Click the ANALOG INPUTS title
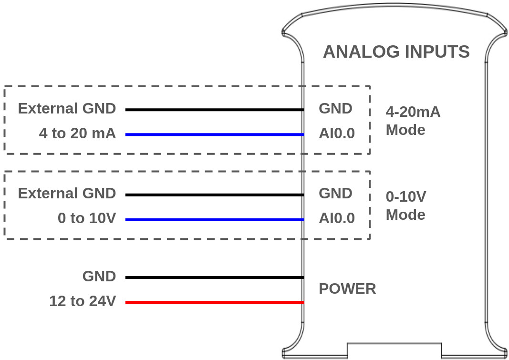click(x=396, y=51)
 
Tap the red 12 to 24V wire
click(x=215, y=302)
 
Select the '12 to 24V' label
click(x=83, y=301)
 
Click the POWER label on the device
click(x=347, y=288)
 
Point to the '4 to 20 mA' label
click(x=77, y=134)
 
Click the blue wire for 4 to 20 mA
click(x=215, y=134)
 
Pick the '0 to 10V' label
click(x=87, y=218)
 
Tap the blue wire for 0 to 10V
click(x=215, y=219)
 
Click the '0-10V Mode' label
click(x=406, y=206)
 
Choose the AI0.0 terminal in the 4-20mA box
click(x=337, y=134)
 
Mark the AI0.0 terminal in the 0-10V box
click(x=337, y=218)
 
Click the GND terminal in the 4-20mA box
click(x=335, y=109)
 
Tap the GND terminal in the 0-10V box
click(x=335, y=194)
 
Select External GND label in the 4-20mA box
click(x=67, y=109)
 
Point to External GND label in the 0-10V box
click(x=67, y=194)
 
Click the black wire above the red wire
click(x=215, y=277)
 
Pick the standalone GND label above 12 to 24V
click(x=99, y=277)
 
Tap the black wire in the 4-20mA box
click(x=215, y=110)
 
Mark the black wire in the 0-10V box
click(x=215, y=195)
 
